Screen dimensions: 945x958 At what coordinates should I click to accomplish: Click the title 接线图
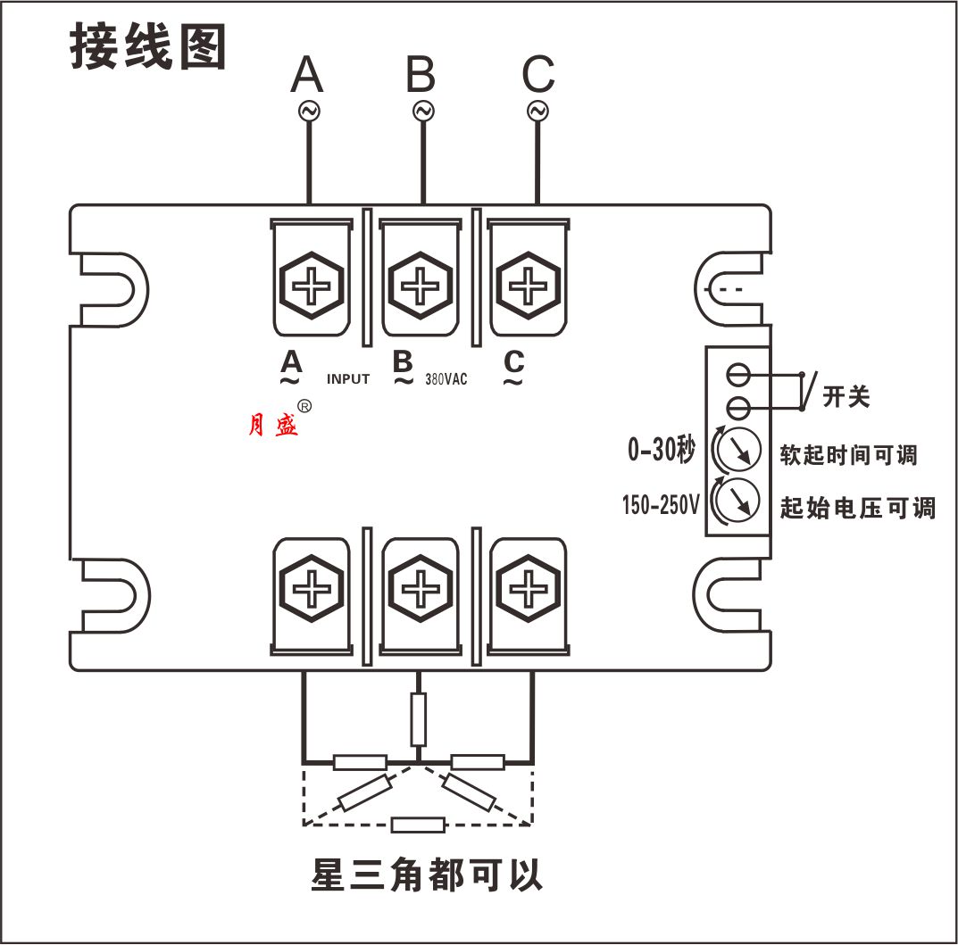click(x=148, y=47)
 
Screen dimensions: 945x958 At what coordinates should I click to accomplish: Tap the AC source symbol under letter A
click(x=309, y=111)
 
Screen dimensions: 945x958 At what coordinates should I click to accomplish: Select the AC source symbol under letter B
click(x=422, y=111)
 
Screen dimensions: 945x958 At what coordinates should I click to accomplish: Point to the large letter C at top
click(x=537, y=75)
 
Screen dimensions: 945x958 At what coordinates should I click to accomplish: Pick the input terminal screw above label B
click(x=421, y=287)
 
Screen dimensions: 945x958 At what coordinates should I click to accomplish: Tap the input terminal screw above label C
click(x=529, y=287)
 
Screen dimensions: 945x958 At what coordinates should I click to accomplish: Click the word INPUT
click(x=347, y=379)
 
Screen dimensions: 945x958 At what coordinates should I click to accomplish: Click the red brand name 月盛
click(x=273, y=426)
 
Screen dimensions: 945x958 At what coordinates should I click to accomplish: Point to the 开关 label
click(x=846, y=397)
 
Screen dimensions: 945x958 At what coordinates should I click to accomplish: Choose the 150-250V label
click(x=662, y=506)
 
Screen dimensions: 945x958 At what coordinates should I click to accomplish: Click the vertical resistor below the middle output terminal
click(x=418, y=718)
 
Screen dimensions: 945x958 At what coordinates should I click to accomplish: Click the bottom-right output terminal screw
click(x=529, y=590)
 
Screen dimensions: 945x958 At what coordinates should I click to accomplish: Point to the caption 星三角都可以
click(x=427, y=875)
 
